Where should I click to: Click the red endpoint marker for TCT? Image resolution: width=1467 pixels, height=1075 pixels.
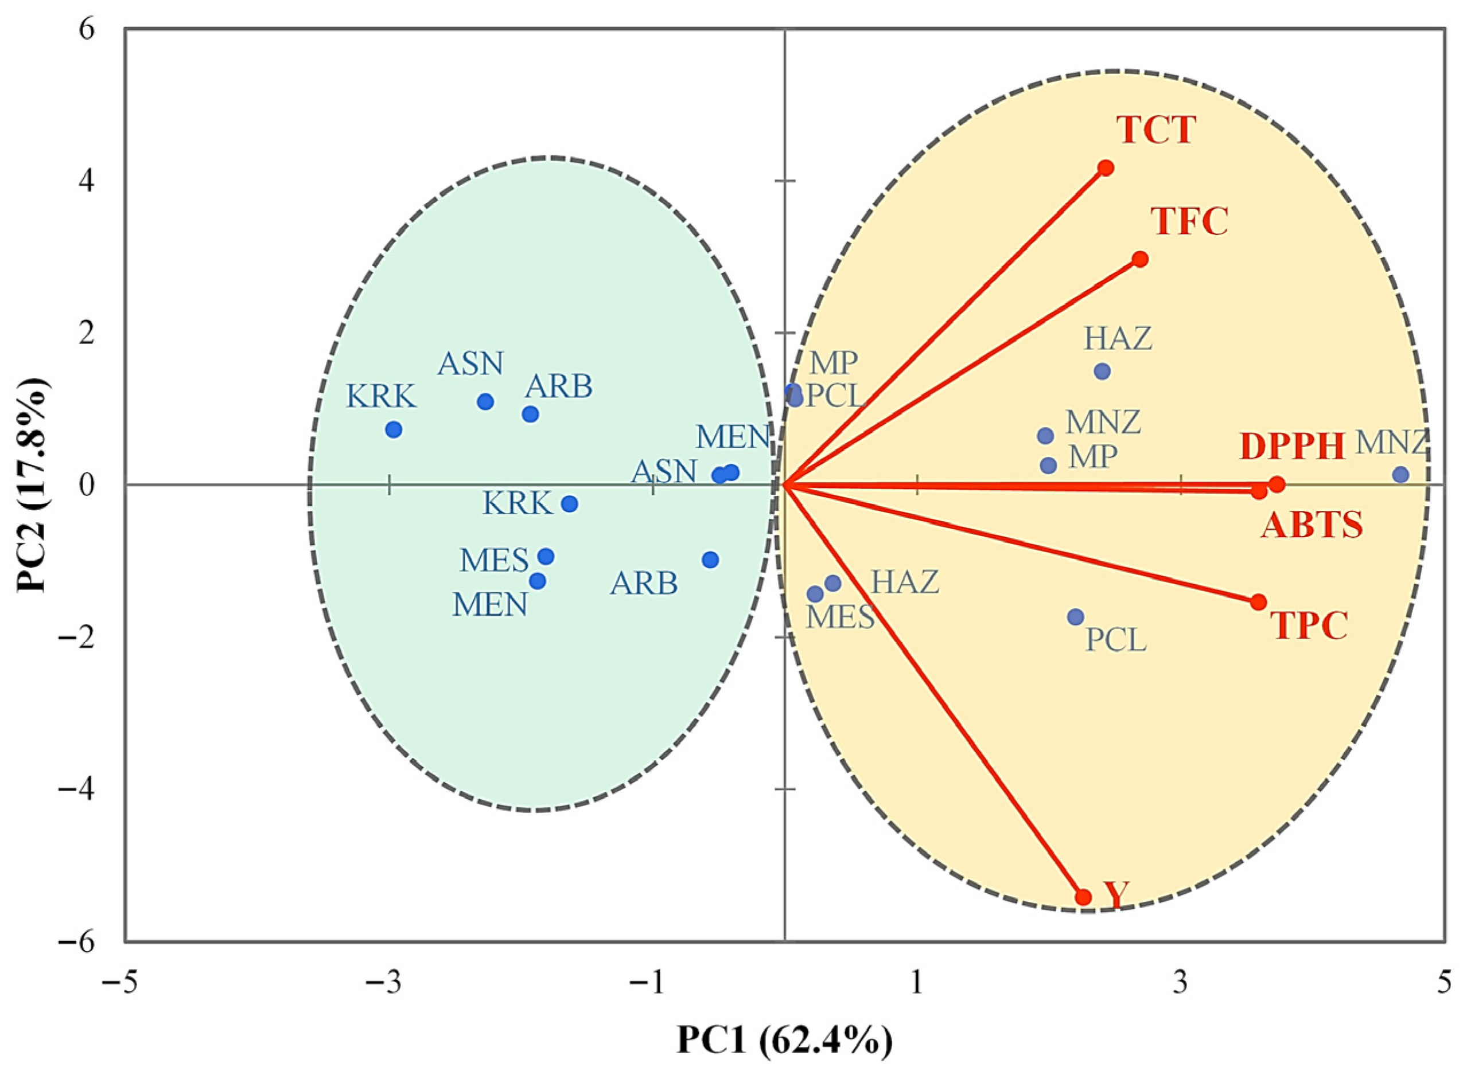1106,168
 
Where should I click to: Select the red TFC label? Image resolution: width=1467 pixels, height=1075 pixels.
1190,222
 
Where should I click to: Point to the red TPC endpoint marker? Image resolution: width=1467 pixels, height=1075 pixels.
1259,602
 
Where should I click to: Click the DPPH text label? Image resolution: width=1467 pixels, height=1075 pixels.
1293,447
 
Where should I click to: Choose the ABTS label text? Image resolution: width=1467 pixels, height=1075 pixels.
1312,526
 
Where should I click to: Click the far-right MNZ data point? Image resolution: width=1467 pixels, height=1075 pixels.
1400,475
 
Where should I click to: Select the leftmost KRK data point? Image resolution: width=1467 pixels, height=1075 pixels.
393,429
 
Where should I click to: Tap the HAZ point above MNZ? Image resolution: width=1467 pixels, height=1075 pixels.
1102,372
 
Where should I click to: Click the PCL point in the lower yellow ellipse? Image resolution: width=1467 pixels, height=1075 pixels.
1076,617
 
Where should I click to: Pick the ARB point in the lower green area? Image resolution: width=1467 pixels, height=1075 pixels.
710,560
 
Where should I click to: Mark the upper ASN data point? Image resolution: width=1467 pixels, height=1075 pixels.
485,401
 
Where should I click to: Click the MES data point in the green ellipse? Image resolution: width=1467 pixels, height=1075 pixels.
546,556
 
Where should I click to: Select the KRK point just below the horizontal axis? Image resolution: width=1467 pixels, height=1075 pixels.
570,503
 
